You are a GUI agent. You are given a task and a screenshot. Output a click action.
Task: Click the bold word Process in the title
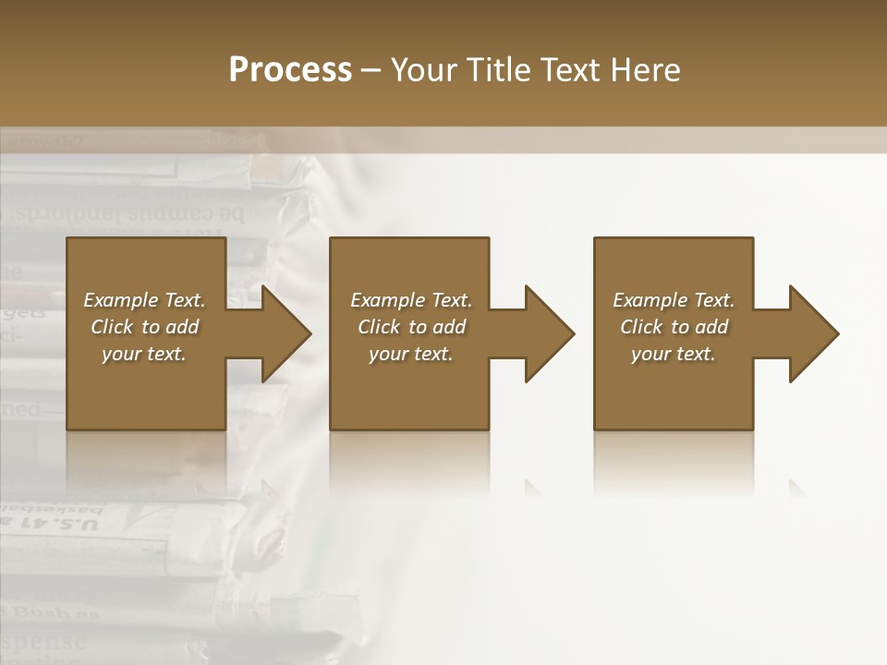pos(290,70)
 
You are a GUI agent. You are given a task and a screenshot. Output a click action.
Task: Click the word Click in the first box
pos(112,327)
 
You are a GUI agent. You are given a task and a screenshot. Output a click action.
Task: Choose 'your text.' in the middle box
pos(410,354)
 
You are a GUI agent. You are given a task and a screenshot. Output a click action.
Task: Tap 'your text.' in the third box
pos(673,354)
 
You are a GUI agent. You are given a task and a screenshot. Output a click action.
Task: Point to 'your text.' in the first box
pos(143,354)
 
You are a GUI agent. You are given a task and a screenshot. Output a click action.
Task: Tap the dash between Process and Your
pos(371,71)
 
